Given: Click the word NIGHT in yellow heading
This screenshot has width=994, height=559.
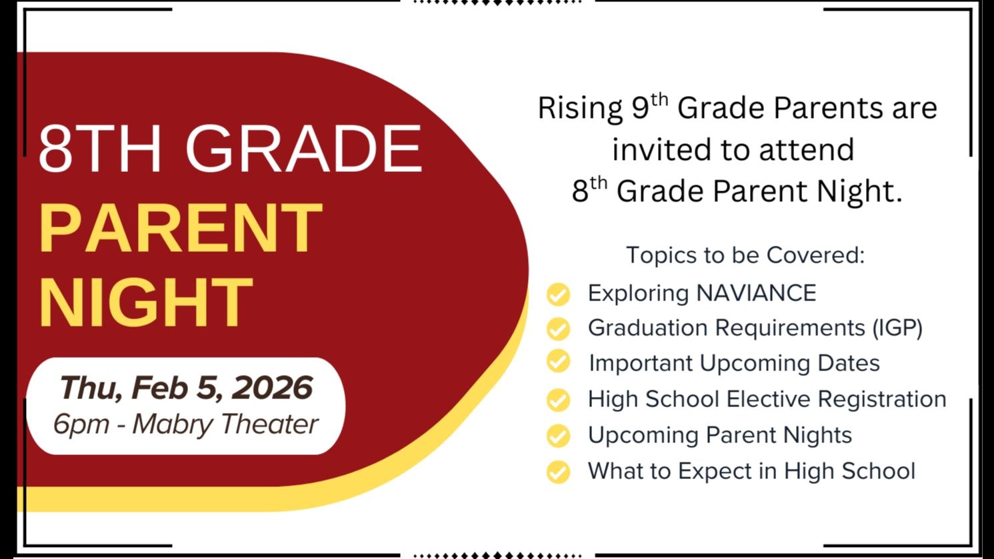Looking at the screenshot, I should [145, 303].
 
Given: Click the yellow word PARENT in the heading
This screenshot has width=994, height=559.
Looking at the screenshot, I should [181, 228].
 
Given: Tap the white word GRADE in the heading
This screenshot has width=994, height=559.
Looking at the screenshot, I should [303, 149].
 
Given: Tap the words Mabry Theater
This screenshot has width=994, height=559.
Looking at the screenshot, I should [225, 424].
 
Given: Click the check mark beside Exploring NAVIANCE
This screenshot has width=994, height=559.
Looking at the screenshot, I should [558, 294].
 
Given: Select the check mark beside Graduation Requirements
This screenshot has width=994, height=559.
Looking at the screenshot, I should [558, 328].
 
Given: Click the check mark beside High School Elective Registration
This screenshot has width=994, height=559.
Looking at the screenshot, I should [558, 400].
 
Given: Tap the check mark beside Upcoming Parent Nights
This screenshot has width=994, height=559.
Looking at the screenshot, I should [558, 436].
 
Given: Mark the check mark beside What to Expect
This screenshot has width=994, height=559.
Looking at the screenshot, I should [558, 472].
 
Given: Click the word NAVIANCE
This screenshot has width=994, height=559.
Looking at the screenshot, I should [756, 293].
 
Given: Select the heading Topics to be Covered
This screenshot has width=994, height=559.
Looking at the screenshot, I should [745, 255].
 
